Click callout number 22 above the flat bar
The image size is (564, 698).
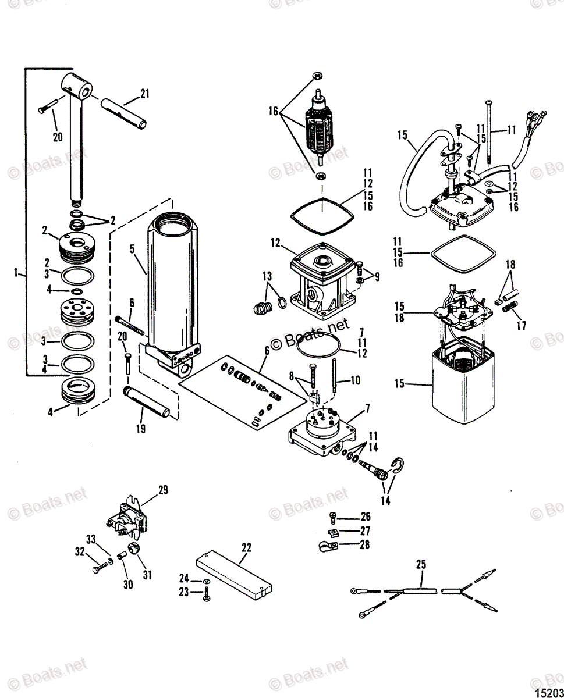[x=246, y=547]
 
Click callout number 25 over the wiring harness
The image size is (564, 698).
[x=421, y=564]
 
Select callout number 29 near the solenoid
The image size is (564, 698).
[x=163, y=490]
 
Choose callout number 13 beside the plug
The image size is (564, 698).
[x=267, y=275]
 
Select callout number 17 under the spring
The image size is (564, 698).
[x=521, y=326]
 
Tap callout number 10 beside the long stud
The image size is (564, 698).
[x=355, y=380]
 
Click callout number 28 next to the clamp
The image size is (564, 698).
[x=364, y=545]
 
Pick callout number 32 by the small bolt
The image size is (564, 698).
[x=80, y=550]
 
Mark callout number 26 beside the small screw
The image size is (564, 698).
[x=365, y=517]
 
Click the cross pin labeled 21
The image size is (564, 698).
[x=125, y=112]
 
